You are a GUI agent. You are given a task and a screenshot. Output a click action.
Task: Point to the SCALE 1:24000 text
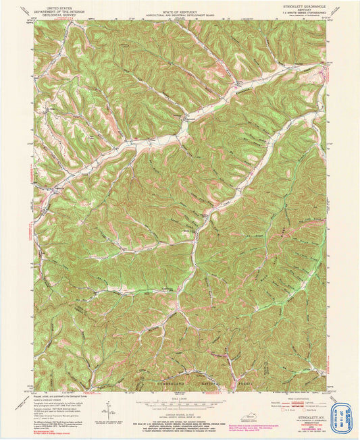pos(179,394)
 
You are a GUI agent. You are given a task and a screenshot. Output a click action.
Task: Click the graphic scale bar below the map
pos(179,400)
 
